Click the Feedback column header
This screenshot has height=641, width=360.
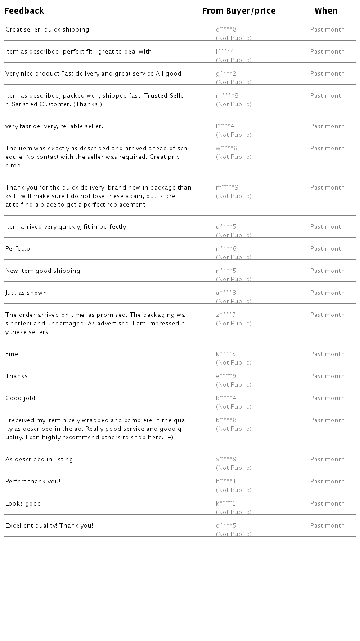(24, 11)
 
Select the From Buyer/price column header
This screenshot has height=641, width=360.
(239, 11)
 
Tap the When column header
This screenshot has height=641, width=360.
(326, 11)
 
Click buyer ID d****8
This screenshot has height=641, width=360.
(226, 30)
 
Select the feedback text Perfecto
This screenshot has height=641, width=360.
(18, 249)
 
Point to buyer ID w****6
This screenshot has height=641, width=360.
(227, 149)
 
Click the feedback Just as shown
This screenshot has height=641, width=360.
(26, 293)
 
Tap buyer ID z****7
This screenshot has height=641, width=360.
(226, 315)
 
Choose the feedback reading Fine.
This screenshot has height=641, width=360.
(13, 354)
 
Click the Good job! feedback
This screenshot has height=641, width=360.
(20, 398)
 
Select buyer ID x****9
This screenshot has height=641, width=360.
(226, 460)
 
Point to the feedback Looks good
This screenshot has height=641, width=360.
(23, 504)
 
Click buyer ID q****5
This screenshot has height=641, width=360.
(226, 526)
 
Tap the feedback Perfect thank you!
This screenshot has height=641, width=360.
(33, 482)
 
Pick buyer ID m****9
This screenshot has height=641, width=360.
(227, 188)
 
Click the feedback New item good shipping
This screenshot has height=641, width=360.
(43, 271)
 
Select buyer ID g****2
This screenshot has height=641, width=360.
(226, 74)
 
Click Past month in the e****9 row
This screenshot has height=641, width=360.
(328, 376)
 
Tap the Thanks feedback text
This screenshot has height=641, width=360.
(17, 376)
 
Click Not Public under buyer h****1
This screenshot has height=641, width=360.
(234, 490)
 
